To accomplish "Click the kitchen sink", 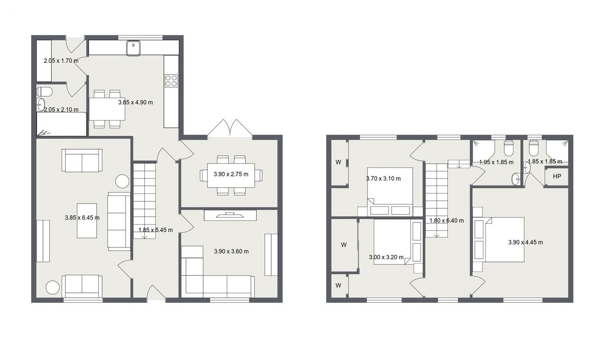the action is (133, 48).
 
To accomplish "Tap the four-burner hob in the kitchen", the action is (171, 80).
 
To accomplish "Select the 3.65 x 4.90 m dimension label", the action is (135, 103).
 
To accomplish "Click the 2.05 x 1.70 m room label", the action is (61, 61).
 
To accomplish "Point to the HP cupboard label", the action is (557, 176).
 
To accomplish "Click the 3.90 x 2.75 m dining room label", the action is (231, 175).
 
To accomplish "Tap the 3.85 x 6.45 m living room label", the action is (82, 218).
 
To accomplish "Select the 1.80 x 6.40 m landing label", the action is (446, 220).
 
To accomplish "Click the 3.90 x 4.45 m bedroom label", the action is (526, 242).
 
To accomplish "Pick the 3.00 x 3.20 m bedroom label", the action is (386, 257).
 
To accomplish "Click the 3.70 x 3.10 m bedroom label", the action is (383, 178).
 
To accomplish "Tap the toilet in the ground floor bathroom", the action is (45, 91).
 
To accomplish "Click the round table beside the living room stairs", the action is (122, 181).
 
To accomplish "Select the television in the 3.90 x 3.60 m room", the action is (230, 215).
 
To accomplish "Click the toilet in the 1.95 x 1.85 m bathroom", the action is (508, 148).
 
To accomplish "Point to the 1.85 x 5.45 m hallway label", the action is (156, 230).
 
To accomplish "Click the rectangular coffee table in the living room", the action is (87, 221).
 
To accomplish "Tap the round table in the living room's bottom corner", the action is (53, 287).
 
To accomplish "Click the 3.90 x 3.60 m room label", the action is (232, 251).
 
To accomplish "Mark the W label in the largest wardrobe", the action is (344, 245).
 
